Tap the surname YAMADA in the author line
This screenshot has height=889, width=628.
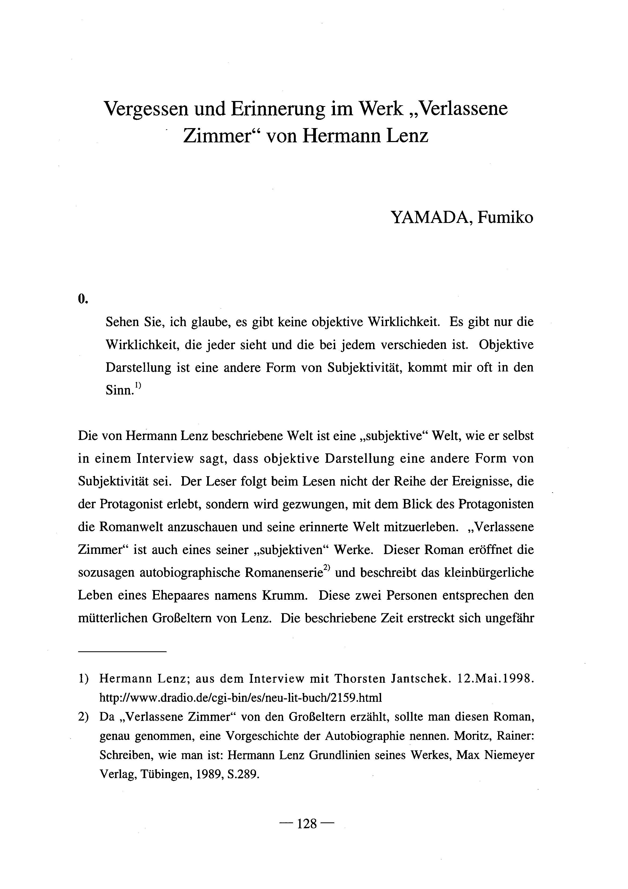click(x=431, y=217)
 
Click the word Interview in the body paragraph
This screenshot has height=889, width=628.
click(x=165, y=458)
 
